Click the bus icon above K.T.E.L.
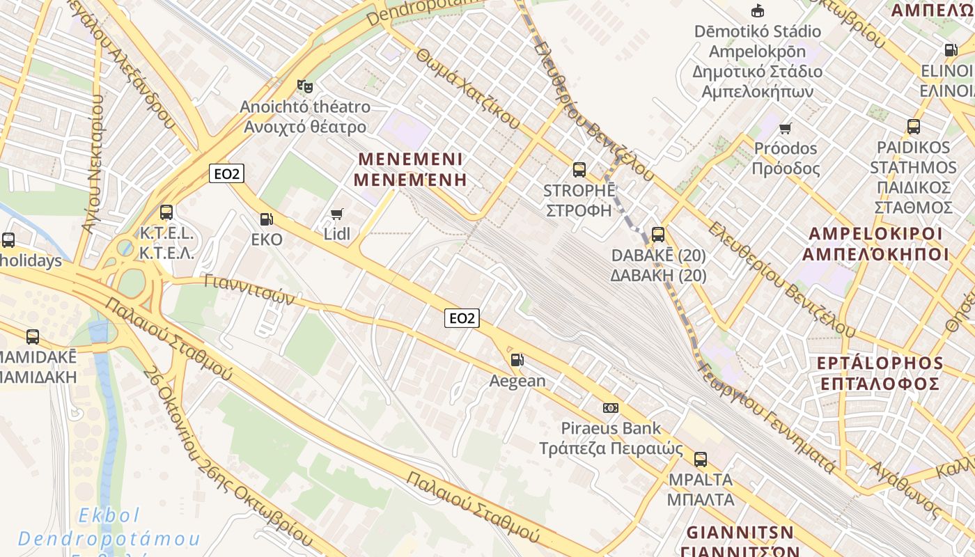pyautogui.click(x=166, y=212)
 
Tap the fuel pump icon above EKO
pyautogui.click(x=266, y=219)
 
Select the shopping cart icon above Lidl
pyautogui.click(x=337, y=214)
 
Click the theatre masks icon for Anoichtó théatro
pyautogui.click(x=304, y=86)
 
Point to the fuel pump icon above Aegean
pyautogui.click(x=517, y=360)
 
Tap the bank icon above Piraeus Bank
pyautogui.click(x=611, y=407)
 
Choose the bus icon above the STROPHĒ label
pyautogui.click(x=579, y=169)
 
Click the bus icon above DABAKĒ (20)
pyautogui.click(x=657, y=235)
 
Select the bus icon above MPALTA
pyautogui.click(x=701, y=460)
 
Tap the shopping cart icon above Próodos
pyautogui.click(x=786, y=128)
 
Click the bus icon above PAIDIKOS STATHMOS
pyautogui.click(x=913, y=127)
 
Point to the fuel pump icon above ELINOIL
pyautogui.click(x=951, y=50)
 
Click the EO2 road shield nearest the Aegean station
pyautogui.click(x=462, y=318)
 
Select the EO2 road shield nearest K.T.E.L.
pyautogui.click(x=226, y=173)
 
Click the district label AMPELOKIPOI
pyautogui.click(x=875, y=234)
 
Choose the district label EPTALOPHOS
pyautogui.click(x=880, y=363)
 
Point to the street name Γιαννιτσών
pyautogui.click(x=251, y=290)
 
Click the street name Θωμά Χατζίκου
pyautogui.click(x=468, y=88)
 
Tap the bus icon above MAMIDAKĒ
pyautogui.click(x=33, y=337)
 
